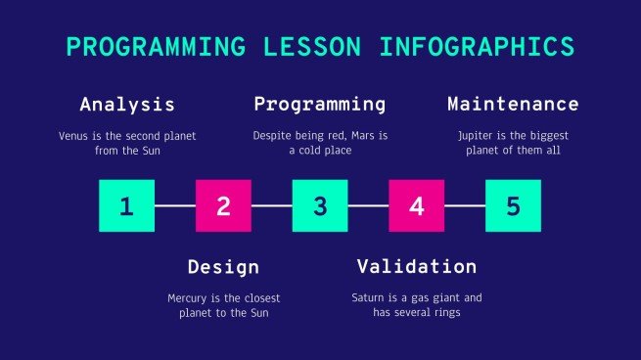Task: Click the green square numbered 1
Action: (126, 205)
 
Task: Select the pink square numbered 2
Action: (223, 205)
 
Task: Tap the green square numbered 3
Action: (320, 205)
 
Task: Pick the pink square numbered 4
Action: (417, 205)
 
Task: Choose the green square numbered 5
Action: (514, 205)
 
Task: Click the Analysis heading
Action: (127, 104)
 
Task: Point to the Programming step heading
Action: (320, 104)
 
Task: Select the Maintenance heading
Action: (513, 104)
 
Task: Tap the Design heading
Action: (223, 266)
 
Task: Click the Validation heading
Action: (417, 266)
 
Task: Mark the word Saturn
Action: (369, 297)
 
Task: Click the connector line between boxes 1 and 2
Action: (175, 205)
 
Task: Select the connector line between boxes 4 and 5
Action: (466, 205)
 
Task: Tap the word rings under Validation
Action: (444, 313)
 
